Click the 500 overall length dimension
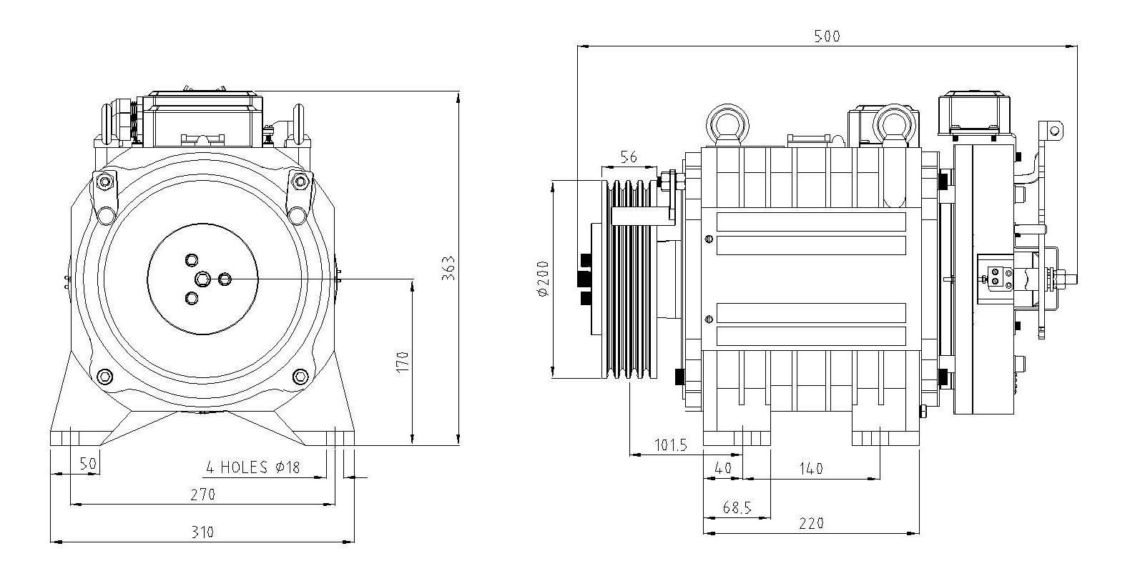827,36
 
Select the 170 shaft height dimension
403,361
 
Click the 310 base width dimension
202,532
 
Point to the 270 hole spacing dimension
202,494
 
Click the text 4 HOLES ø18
252,467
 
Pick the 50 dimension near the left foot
87,464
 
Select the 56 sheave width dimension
629,157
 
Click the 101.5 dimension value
671,445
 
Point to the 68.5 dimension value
737,507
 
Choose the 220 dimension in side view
812,523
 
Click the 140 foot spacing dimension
810,469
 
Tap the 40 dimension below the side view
724,469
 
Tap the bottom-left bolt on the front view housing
104,376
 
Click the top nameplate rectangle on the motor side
811,222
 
